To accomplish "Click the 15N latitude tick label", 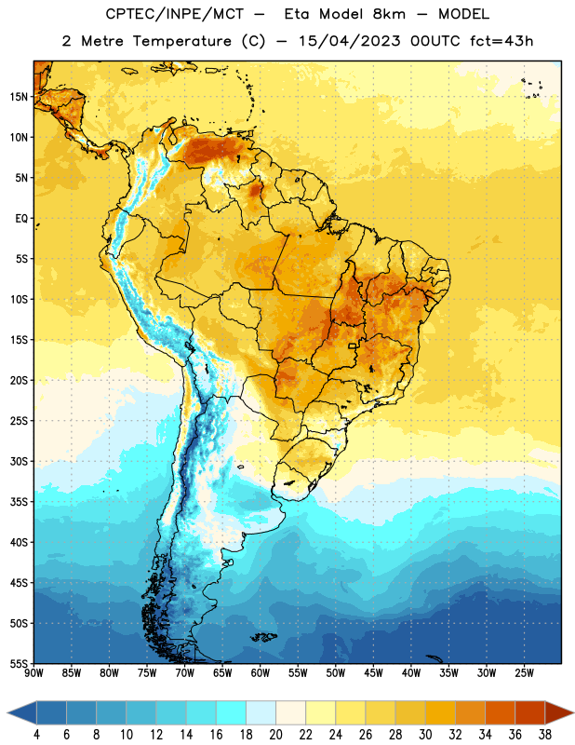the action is (x=19, y=97).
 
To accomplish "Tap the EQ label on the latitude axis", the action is (x=21, y=219).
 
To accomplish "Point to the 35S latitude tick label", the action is (x=19, y=502).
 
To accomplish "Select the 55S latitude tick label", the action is (x=19, y=663).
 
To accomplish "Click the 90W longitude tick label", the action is (x=34, y=673).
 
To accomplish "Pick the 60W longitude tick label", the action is (x=261, y=673).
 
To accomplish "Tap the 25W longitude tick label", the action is (x=524, y=673).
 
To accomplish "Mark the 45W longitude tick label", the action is (x=373, y=673).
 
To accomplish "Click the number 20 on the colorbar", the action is (x=275, y=735).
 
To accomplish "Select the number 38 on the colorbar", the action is (x=545, y=735).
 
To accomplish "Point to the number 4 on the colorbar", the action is (x=36, y=735).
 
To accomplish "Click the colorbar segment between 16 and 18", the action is (x=231, y=712).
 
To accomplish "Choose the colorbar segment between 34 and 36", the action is (x=500, y=712).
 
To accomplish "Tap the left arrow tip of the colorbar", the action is (x=7, y=712).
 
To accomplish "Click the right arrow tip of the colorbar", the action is (x=573, y=712).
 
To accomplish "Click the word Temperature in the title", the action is (x=181, y=41).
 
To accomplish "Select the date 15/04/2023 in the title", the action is (x=350, y=41).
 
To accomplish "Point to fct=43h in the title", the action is (x=501, y=41).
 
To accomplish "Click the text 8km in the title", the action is (x=389, y=14).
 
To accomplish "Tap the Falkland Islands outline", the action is (x=264, y=637).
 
